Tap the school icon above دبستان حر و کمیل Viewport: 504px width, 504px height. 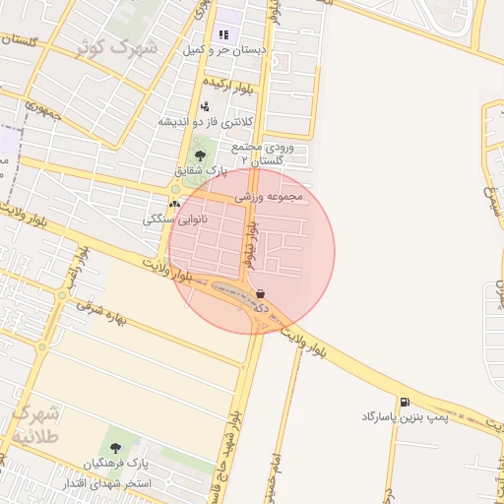click(x=223, y=34)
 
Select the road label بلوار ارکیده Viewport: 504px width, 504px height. click(x=228, y=86)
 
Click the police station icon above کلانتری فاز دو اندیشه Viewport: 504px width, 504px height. click(x=205, y=106)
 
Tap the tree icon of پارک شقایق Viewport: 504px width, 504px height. click(x=200, y=155)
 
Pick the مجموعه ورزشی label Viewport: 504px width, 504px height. click(x=271, y=197)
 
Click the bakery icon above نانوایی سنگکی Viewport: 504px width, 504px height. click(x=175, y=205)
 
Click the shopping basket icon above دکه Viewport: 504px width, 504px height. click(x=260, y=293)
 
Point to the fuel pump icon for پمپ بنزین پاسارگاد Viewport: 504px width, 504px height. click(x=404, y=402)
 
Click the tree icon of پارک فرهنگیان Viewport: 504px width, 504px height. click(x=116, y=448)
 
